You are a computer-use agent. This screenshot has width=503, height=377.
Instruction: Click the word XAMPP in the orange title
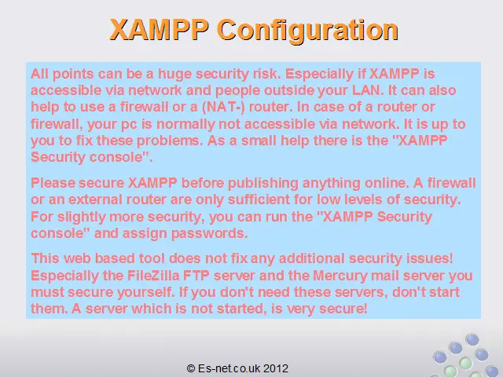point(159,30)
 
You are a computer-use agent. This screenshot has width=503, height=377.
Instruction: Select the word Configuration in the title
point(307,31)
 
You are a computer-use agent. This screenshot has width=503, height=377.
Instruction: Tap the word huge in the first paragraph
point(174,74)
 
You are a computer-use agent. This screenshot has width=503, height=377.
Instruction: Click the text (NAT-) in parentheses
point(223,107)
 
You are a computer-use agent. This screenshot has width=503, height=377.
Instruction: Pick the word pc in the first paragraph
point(129,125)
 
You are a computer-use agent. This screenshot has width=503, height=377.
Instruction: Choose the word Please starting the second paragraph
point(53,183)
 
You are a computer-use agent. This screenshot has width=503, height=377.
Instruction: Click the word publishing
point(263,183)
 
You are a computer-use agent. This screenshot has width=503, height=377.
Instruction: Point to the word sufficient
point(259,199)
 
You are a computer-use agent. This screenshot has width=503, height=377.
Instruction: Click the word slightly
point(82,217)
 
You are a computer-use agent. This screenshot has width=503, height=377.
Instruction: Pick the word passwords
point(210,234)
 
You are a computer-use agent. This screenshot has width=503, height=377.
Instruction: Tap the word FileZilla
point(153,276)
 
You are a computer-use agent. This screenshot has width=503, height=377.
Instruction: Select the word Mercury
point(340,276)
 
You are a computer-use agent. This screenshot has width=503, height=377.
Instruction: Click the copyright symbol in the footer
point(191,368)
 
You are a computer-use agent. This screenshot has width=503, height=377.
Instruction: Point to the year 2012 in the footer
point(276,368)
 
